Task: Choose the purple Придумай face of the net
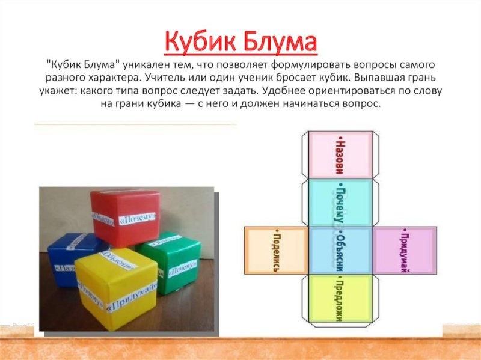click(403, 249)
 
